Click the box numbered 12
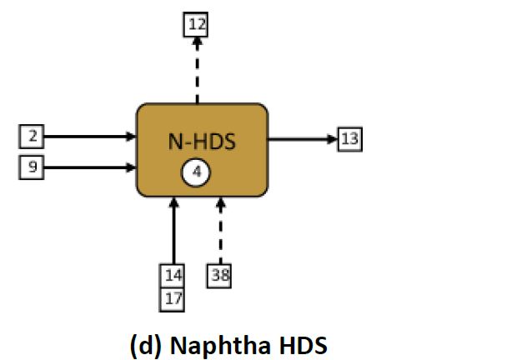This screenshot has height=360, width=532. [196, 24]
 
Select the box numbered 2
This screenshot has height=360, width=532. [33, 136]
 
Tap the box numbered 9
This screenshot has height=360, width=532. [33, 167]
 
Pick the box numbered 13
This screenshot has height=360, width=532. [349, 138]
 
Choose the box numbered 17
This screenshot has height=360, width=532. [172, 298]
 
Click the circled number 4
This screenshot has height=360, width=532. [197, 172]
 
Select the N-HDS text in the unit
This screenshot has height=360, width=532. [202, 142]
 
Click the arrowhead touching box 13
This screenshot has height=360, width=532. [332, 138]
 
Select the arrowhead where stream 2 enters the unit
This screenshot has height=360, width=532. [132, 136]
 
